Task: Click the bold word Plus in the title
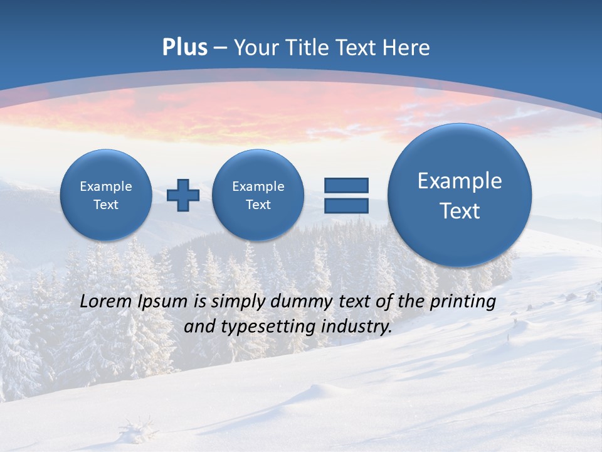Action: click(x=184, y=48)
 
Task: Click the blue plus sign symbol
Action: click(x=183, y=195)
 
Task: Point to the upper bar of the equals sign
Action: click(x=346, y=185)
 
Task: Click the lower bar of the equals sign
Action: click(x=346, y=205)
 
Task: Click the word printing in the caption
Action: click(x=463, y=302)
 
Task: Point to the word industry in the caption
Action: click(x=360, y=326)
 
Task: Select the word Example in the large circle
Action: click(x=460, y=181)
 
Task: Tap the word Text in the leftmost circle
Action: click(x=105, y=205)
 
